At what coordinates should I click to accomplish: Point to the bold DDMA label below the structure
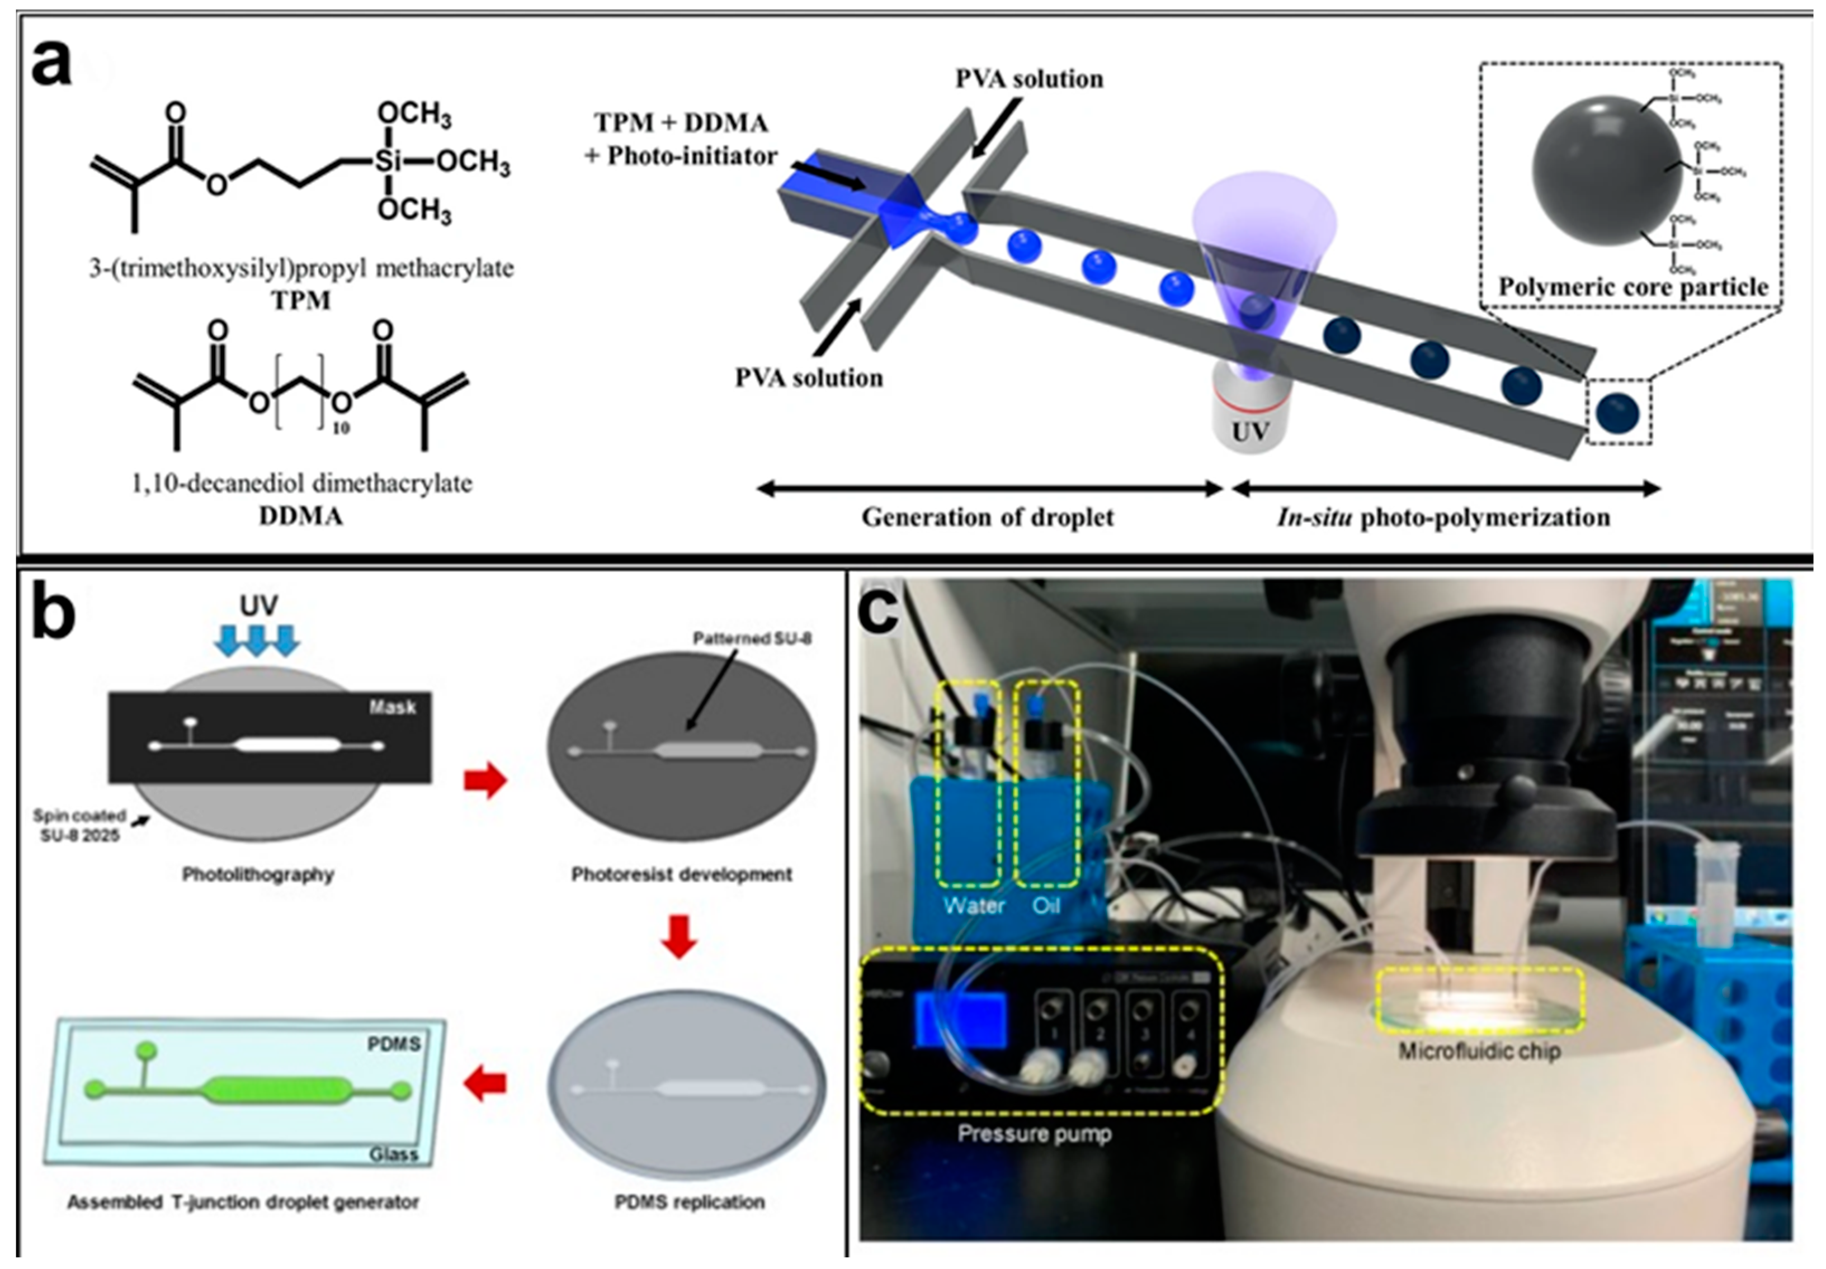(301, 516)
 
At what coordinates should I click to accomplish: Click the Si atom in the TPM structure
(388, 162)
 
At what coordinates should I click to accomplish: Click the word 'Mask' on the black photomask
(392, 707)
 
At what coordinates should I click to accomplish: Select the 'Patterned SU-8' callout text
(752, 638)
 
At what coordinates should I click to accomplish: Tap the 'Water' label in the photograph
(974, 905)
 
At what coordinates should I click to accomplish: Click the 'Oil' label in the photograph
(1046, 905)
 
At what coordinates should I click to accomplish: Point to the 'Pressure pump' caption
(1034, 1133)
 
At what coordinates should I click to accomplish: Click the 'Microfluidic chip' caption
(1479, 1050)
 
